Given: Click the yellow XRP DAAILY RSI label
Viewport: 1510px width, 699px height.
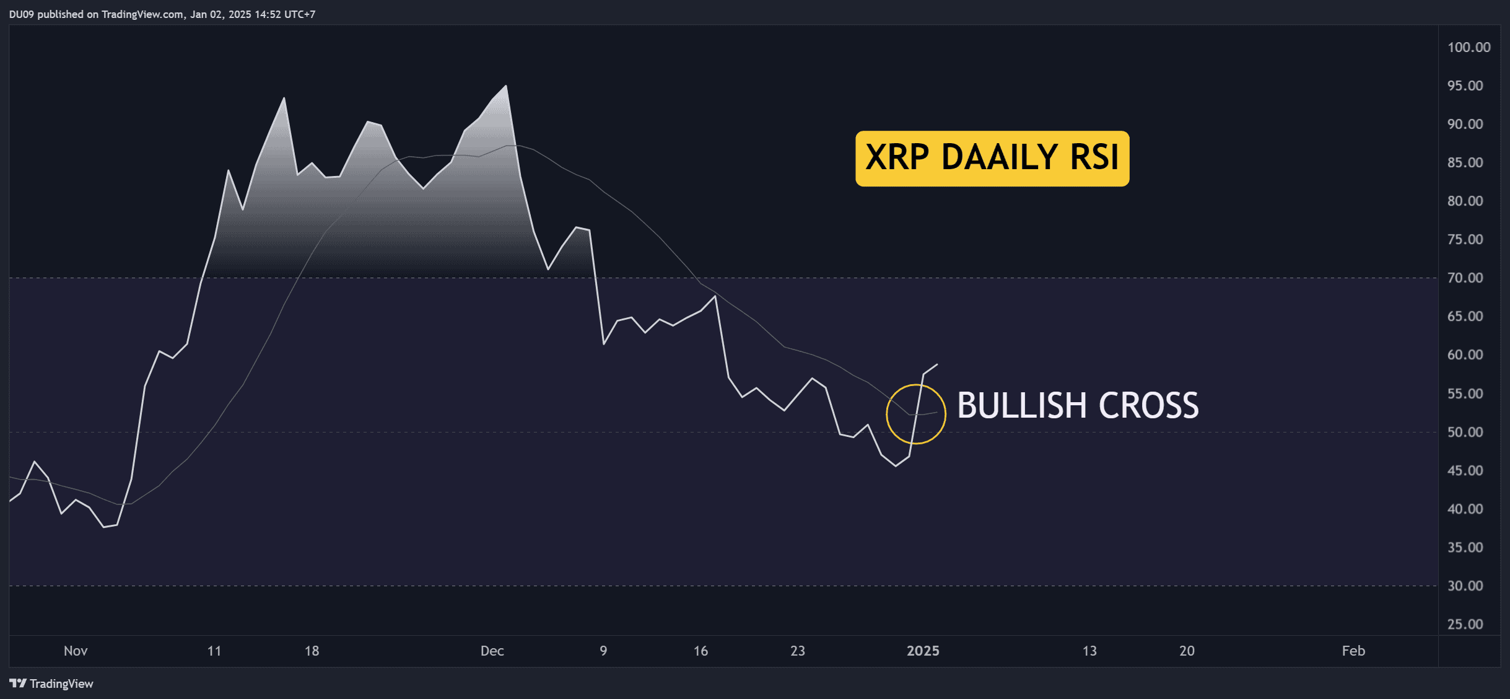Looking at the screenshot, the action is (x=992, y=158).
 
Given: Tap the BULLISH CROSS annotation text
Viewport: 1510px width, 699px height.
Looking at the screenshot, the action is (x=1078, y=406).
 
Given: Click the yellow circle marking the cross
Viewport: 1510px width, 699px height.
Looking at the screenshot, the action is (x=886, y=414).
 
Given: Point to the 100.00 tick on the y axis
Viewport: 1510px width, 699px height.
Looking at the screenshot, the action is (x=1469, y=47).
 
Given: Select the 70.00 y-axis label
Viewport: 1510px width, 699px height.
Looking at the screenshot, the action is (x=1465, y=278).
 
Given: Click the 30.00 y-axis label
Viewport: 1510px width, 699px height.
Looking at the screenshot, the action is (x=1465, y=586).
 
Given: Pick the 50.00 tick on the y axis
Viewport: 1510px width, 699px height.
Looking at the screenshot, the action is (x=1465, y=432).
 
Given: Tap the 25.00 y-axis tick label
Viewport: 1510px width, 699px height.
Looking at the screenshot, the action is (x=1465, y=624).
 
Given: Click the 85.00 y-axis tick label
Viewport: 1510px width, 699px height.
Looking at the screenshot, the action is (x=1465, y=162).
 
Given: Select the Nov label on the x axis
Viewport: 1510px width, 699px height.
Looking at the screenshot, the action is (x=76, y=651).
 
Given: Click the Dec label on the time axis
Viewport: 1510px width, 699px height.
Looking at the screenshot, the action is (x=492, y=651).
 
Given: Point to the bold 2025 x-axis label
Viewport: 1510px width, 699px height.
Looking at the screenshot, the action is (x=923, y=651).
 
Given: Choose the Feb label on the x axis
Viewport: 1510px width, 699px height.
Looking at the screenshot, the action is (x=1353, y=651).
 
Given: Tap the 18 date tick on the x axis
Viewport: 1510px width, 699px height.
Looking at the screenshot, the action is (x=312, y=651).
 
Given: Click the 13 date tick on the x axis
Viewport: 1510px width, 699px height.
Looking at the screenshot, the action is (x=1089, y=651).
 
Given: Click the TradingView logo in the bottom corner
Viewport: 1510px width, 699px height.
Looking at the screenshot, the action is (x=51, y=684).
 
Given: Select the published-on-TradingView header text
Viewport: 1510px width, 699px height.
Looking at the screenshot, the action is (x=162, y=14).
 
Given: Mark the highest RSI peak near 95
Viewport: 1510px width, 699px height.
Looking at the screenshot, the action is (x=507, y=86).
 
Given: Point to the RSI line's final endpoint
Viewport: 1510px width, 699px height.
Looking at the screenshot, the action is (x=937, y=364).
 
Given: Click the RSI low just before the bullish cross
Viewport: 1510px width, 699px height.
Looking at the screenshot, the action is (x=896, y=466).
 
